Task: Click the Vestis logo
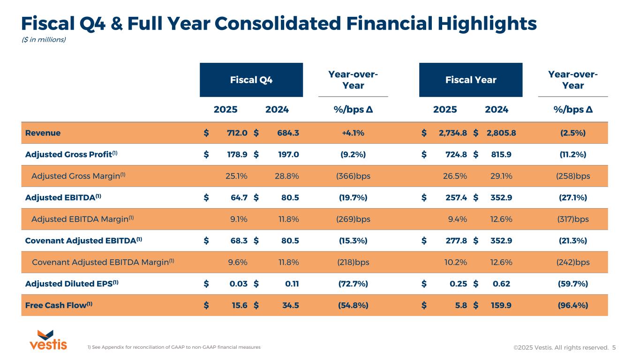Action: (x=48, y=340)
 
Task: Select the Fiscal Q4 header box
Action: (x=251, y=80)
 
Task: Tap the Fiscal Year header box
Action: (x=471, y=80)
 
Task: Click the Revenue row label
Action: (x=43, y=133)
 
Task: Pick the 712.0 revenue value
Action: (x=237, y=133)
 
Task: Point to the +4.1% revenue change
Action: (x=353, y=133)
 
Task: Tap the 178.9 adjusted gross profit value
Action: (x=237, y=154)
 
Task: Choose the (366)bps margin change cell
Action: (x=353, y=176)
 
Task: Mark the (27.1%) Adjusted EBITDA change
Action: (x=572, y=197)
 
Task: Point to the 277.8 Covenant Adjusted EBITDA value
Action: (x=456, y=240)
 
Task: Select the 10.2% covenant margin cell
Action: (x=455, y=262)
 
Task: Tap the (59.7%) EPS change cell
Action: (x=572, y=284)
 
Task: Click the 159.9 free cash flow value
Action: (x=501, y=305)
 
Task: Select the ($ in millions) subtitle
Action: (x=44, y=39)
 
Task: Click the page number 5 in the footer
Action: (x=614, y=347)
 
